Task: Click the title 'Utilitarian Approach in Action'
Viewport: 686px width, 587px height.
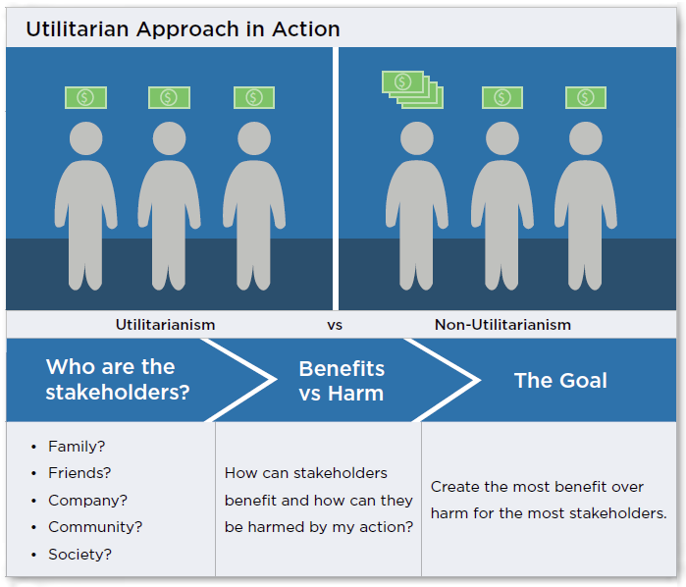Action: pyautogui.click(x=183, y=28)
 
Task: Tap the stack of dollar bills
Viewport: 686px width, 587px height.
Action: pyautogui.click(x=411, y=89)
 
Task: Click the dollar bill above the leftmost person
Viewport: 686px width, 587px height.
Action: pyautogui.click(x=85, y=97)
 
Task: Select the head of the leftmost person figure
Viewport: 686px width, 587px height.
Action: pyautogui.click(x=85, y=138)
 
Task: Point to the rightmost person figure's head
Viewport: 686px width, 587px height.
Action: pyautogui.click(x=586, y=138)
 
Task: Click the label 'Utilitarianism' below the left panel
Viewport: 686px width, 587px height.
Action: pyautogui.click(x=165, y=324)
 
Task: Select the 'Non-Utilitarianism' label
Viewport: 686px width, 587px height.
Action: pyautogui.click(x=502, y=324)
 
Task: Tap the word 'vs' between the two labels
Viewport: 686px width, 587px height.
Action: pyautogui.click(x=335, y=324)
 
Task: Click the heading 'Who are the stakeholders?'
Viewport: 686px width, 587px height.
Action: pyautogui.click(x=117, y=379)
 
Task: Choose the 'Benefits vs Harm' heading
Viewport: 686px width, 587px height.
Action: pyautogui.click(x=342, y=381)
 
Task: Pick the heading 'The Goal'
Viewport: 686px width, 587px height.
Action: pyautogui.click(x=560, y=380)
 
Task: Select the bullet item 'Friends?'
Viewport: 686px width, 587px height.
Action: pyautogui.click(x=79, y=473)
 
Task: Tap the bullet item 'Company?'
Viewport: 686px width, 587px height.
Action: pyautogui.click(x=87, y=501)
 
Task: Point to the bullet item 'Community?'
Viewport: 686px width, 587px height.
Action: pyautogui.click(x=95, y=527)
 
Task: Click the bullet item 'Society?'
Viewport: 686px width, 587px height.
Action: pyautogui.click(x=79, y=555)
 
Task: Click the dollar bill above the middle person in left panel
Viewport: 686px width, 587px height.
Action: pyautogui.click(x=169, y=97)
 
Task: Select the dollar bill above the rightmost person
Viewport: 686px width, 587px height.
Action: pyautogui.click(x=586, y=97)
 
